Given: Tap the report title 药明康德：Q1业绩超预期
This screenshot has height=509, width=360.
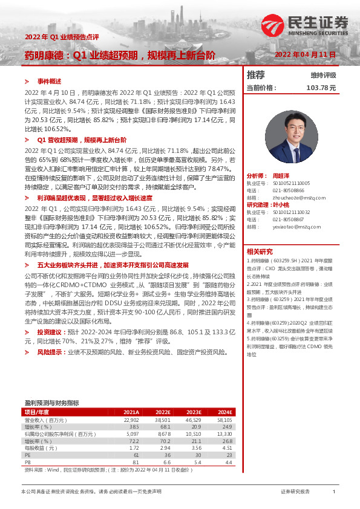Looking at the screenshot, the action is click(119, 55).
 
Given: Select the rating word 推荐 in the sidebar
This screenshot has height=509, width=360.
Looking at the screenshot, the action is click(256, 76).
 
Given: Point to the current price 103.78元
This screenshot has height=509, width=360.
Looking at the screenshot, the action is click(321, 88).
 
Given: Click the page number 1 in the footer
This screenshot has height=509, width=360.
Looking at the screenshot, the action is click(333, 493).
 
